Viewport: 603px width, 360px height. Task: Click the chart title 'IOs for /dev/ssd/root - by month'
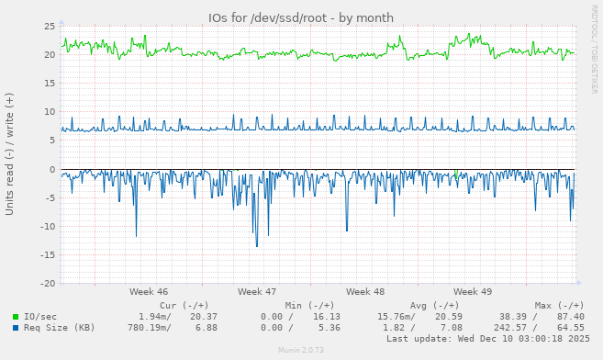pos(301,17)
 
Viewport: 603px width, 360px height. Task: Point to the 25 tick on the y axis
pos(49,26)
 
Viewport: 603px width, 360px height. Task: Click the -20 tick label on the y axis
pos(46,284)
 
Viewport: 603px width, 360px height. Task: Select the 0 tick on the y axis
pos(51,169)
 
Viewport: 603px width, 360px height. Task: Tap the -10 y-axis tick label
pos(46,227)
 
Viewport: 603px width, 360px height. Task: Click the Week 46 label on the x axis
pos(149,291)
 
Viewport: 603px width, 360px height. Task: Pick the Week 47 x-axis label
pos(257,291)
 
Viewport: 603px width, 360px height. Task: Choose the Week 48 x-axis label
pos(365,291)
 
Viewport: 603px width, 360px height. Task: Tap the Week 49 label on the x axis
pos(473,291)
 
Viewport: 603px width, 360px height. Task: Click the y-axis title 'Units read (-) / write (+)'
pos(10,153)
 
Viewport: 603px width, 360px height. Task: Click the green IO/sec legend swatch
pos(16,317)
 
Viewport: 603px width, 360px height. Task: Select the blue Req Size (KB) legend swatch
pos(16,328)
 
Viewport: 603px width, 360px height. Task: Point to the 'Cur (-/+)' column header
pos(184,305)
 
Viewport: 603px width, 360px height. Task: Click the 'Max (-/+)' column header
pos(559,305)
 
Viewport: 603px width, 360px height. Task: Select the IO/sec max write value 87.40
pos(570,317)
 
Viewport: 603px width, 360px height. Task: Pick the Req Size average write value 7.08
pos(452,328)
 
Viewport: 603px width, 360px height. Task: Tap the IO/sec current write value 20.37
pos(203,317)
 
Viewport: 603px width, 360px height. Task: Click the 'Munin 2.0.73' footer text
pos(301,351)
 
